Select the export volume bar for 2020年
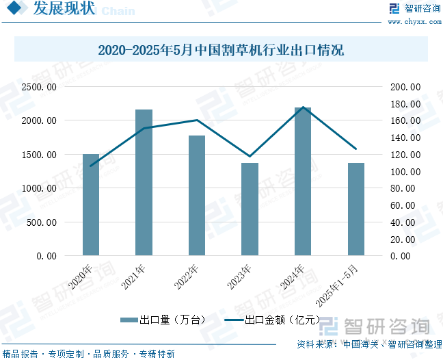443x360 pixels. (91, 205)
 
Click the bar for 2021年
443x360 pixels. (144, 183)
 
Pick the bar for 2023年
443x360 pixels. (250, 209)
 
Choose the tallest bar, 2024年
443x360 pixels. (303, 181)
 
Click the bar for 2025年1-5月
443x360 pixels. (355, 209)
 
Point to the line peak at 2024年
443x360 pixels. (303, 107)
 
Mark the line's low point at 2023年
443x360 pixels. (250, 157)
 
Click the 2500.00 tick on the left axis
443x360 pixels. (38, 87)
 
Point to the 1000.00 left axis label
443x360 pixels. (38, 188)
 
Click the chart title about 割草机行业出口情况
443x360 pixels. (221, 51)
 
